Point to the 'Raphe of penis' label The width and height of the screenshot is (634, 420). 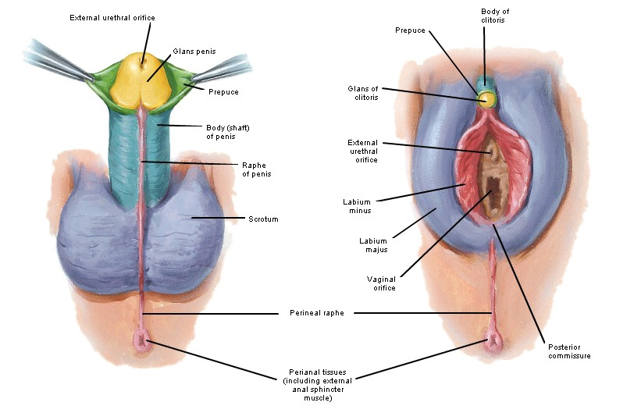255,169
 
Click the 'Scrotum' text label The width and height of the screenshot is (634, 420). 263,219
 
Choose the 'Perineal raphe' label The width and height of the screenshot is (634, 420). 311,313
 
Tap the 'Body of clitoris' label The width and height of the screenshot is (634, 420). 493,14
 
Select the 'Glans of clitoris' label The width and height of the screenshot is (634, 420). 363,93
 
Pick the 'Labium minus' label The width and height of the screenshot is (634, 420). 357,206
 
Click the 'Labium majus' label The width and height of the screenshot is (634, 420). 372,246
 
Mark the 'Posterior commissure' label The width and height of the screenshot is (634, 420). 565,351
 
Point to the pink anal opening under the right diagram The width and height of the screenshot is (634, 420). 492,341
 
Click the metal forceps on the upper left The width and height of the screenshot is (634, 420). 55,59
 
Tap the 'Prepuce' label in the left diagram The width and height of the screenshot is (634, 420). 223,92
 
